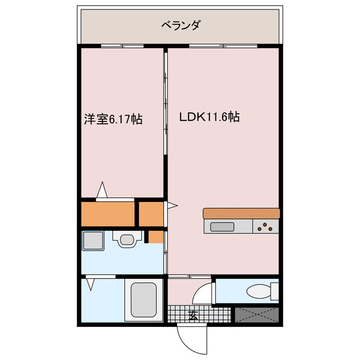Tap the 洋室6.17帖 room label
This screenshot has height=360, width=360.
tap(112, 119)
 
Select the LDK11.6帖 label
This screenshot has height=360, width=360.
tap(210, 118)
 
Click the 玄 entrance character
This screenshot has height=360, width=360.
tap(193, 315)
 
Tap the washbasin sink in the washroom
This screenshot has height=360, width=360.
tap(126, 239)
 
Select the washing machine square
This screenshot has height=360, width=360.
tap(92, 241)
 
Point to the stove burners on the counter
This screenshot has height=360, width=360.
tap(265, 227)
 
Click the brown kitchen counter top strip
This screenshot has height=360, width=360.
tap(241, 213)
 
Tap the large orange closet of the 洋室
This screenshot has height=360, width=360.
tap(109, 213)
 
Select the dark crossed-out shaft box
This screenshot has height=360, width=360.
tap(256, 314)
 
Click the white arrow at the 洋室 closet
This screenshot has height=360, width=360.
tap(102, 190)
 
